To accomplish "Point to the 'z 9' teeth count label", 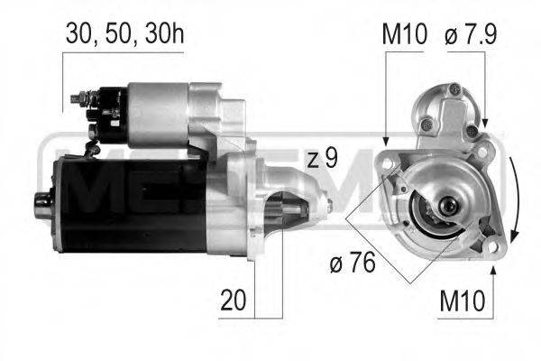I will [322, 160].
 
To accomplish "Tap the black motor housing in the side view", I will [126, 202].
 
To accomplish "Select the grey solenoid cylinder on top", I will [162, 114].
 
